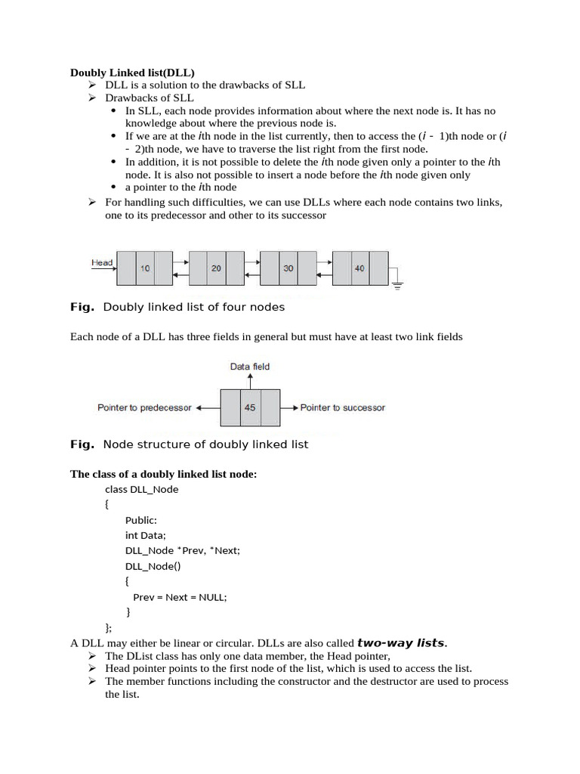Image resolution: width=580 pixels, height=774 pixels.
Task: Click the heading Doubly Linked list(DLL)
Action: [x=132, y=73]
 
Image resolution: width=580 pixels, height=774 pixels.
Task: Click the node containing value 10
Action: [x=144, y=268]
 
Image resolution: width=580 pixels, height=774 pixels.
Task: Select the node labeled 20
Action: [x=216, y=268]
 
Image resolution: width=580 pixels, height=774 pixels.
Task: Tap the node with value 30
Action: [x=288, y=268]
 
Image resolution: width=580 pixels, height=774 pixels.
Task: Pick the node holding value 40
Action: [x=359, y=268]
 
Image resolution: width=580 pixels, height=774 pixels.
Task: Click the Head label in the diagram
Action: [x=102, y=263]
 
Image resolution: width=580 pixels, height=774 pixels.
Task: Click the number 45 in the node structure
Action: [x=250, y=407]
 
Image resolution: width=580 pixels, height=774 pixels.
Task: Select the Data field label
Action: [x=250, y=367]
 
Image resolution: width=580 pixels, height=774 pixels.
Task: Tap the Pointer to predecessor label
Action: [x=144, y=407]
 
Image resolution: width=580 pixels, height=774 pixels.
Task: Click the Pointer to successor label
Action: [x=342, y=407]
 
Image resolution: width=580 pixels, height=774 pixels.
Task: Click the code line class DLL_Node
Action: [x=142, y=489]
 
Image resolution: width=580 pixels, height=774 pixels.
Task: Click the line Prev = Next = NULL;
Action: [x=180, y=596]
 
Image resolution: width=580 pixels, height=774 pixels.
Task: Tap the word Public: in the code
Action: [x=141, y=520]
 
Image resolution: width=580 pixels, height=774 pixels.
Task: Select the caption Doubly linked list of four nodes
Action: [x=193, y=308]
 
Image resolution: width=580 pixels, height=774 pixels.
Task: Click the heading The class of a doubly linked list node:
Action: [x=164, y=474]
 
